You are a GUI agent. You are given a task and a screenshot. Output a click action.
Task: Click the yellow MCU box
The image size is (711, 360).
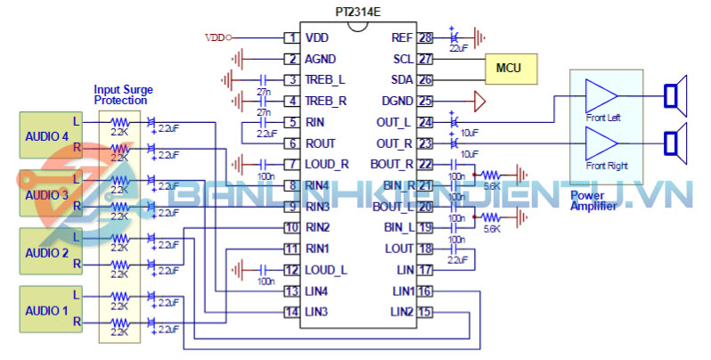point(509,68)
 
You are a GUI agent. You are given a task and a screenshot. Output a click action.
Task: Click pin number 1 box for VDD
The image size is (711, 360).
point(290,37)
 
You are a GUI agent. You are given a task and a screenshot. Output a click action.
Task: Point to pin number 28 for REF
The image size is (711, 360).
point(425,37)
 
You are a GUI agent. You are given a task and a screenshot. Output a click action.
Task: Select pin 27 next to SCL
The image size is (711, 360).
point(425,59)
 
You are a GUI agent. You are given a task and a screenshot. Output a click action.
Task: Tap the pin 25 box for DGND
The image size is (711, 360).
point(425,101)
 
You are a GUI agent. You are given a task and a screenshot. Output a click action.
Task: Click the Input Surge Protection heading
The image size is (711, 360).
point(122,95)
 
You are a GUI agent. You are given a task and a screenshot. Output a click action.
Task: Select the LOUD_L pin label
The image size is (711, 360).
point(326,269)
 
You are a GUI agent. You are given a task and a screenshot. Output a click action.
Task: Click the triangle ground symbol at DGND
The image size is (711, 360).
point(479,101)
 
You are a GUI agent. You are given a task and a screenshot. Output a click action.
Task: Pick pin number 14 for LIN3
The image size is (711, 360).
point(290,311)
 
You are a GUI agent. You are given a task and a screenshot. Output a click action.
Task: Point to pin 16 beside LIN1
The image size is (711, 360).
point(425,290)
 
